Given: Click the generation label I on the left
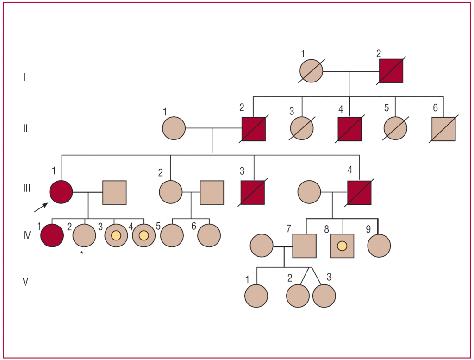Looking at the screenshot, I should (24, 77).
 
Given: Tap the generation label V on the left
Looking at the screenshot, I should (25, 282).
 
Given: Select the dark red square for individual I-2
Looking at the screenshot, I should (391, 71).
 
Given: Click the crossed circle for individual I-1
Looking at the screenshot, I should (311, 71).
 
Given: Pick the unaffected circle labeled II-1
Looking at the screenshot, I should (174, 128).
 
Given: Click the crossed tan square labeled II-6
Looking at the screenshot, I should (443, 128).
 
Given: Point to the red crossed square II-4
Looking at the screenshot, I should (349, 128).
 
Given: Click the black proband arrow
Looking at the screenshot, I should (41, 207).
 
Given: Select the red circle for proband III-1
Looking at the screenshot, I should (62, 191).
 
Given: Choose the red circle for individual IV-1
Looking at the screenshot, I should (51, 235).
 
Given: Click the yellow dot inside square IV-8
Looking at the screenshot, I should (342, 246).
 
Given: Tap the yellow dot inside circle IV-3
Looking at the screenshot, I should (116, 236).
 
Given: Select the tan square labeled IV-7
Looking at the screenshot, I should (305, 246).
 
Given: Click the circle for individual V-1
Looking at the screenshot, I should (256, 296).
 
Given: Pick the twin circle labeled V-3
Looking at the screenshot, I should (324, 296).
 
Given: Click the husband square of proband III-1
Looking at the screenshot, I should (114, 192).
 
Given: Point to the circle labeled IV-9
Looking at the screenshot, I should (379, 246).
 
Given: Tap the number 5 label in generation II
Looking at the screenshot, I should (386, 109).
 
